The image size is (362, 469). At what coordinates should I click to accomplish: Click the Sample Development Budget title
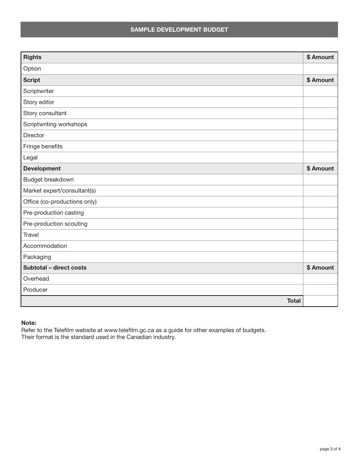coord(179,30)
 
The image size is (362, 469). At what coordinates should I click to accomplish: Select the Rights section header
coord(32,57)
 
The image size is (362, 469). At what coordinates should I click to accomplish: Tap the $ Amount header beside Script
coord(320,80)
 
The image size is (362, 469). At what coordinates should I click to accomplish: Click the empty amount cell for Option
coord(320,69)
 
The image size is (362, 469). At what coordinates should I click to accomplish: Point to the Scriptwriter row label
coord(38,91)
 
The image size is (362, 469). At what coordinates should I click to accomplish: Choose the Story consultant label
coord(45,113)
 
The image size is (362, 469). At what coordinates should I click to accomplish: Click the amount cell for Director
coord(320,135)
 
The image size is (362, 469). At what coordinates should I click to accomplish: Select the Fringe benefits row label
coord(43,146)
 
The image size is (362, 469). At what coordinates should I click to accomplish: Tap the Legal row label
coord(30,157)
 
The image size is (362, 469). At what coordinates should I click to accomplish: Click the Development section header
coord(42,169)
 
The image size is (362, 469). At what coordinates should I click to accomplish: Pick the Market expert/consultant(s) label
coord(59,191)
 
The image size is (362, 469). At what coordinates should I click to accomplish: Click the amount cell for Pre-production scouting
coord(320,224)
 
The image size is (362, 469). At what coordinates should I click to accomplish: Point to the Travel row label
coord(31,235)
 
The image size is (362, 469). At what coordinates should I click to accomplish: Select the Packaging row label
coord(37,257)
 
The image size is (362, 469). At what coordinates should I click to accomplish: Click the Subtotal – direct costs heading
coord(55,268)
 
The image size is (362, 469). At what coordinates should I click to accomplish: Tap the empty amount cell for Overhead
coord(320,279)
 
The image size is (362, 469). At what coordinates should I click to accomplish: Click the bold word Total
coord(294,301)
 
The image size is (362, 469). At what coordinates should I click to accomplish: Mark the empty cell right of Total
coord(320,301)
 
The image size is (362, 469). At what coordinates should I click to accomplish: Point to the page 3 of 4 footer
coord(330,449)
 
